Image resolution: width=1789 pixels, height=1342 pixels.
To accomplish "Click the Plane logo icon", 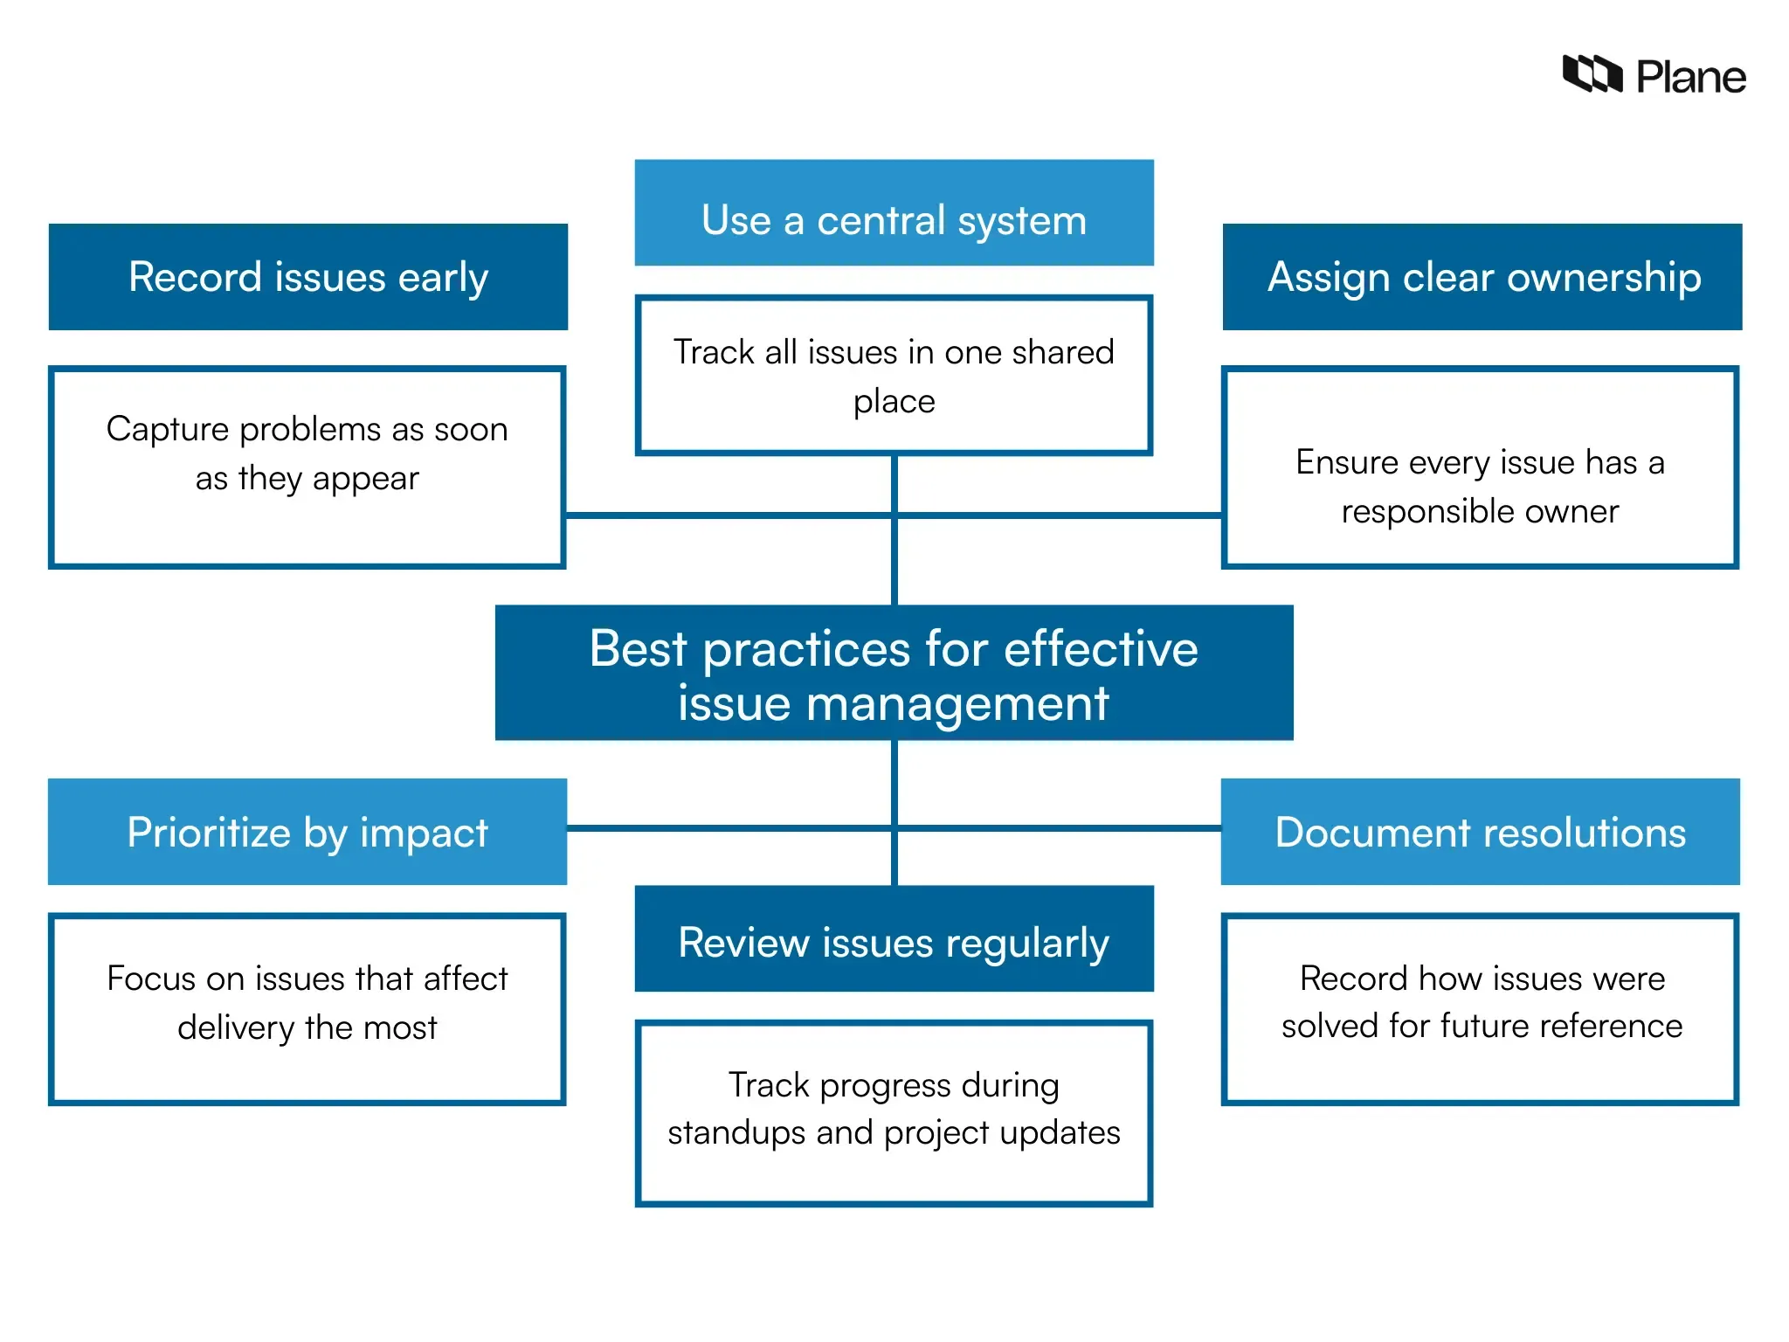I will (1592, 74).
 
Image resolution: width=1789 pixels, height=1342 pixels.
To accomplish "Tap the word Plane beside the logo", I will (1690, 78).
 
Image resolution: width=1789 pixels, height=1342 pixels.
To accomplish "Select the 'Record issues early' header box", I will (307, 277).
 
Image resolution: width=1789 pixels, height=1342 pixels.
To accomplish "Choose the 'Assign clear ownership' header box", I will (1482, 277).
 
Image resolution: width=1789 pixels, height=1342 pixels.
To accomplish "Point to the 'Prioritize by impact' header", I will (307, 832).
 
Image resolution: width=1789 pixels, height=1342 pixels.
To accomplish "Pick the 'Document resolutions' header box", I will (1480, 832).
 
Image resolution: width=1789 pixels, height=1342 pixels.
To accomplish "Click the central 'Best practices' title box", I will (894, 673).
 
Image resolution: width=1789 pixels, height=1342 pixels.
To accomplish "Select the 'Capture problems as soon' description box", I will (307, 467).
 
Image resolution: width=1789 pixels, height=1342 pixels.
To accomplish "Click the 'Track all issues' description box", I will (894, 376).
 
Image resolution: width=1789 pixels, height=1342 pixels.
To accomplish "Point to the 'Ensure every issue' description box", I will (1480, 467).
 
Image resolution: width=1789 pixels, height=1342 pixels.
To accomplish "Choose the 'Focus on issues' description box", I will (307, 1009).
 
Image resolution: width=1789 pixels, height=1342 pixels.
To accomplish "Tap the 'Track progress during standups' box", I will (894, 1114).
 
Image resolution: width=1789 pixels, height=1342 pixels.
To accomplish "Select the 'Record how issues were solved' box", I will (1480, 1009).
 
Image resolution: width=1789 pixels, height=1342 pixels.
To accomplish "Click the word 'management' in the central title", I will (957, 704).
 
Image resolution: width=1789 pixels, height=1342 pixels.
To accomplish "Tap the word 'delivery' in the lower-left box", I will (235, 1028).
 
